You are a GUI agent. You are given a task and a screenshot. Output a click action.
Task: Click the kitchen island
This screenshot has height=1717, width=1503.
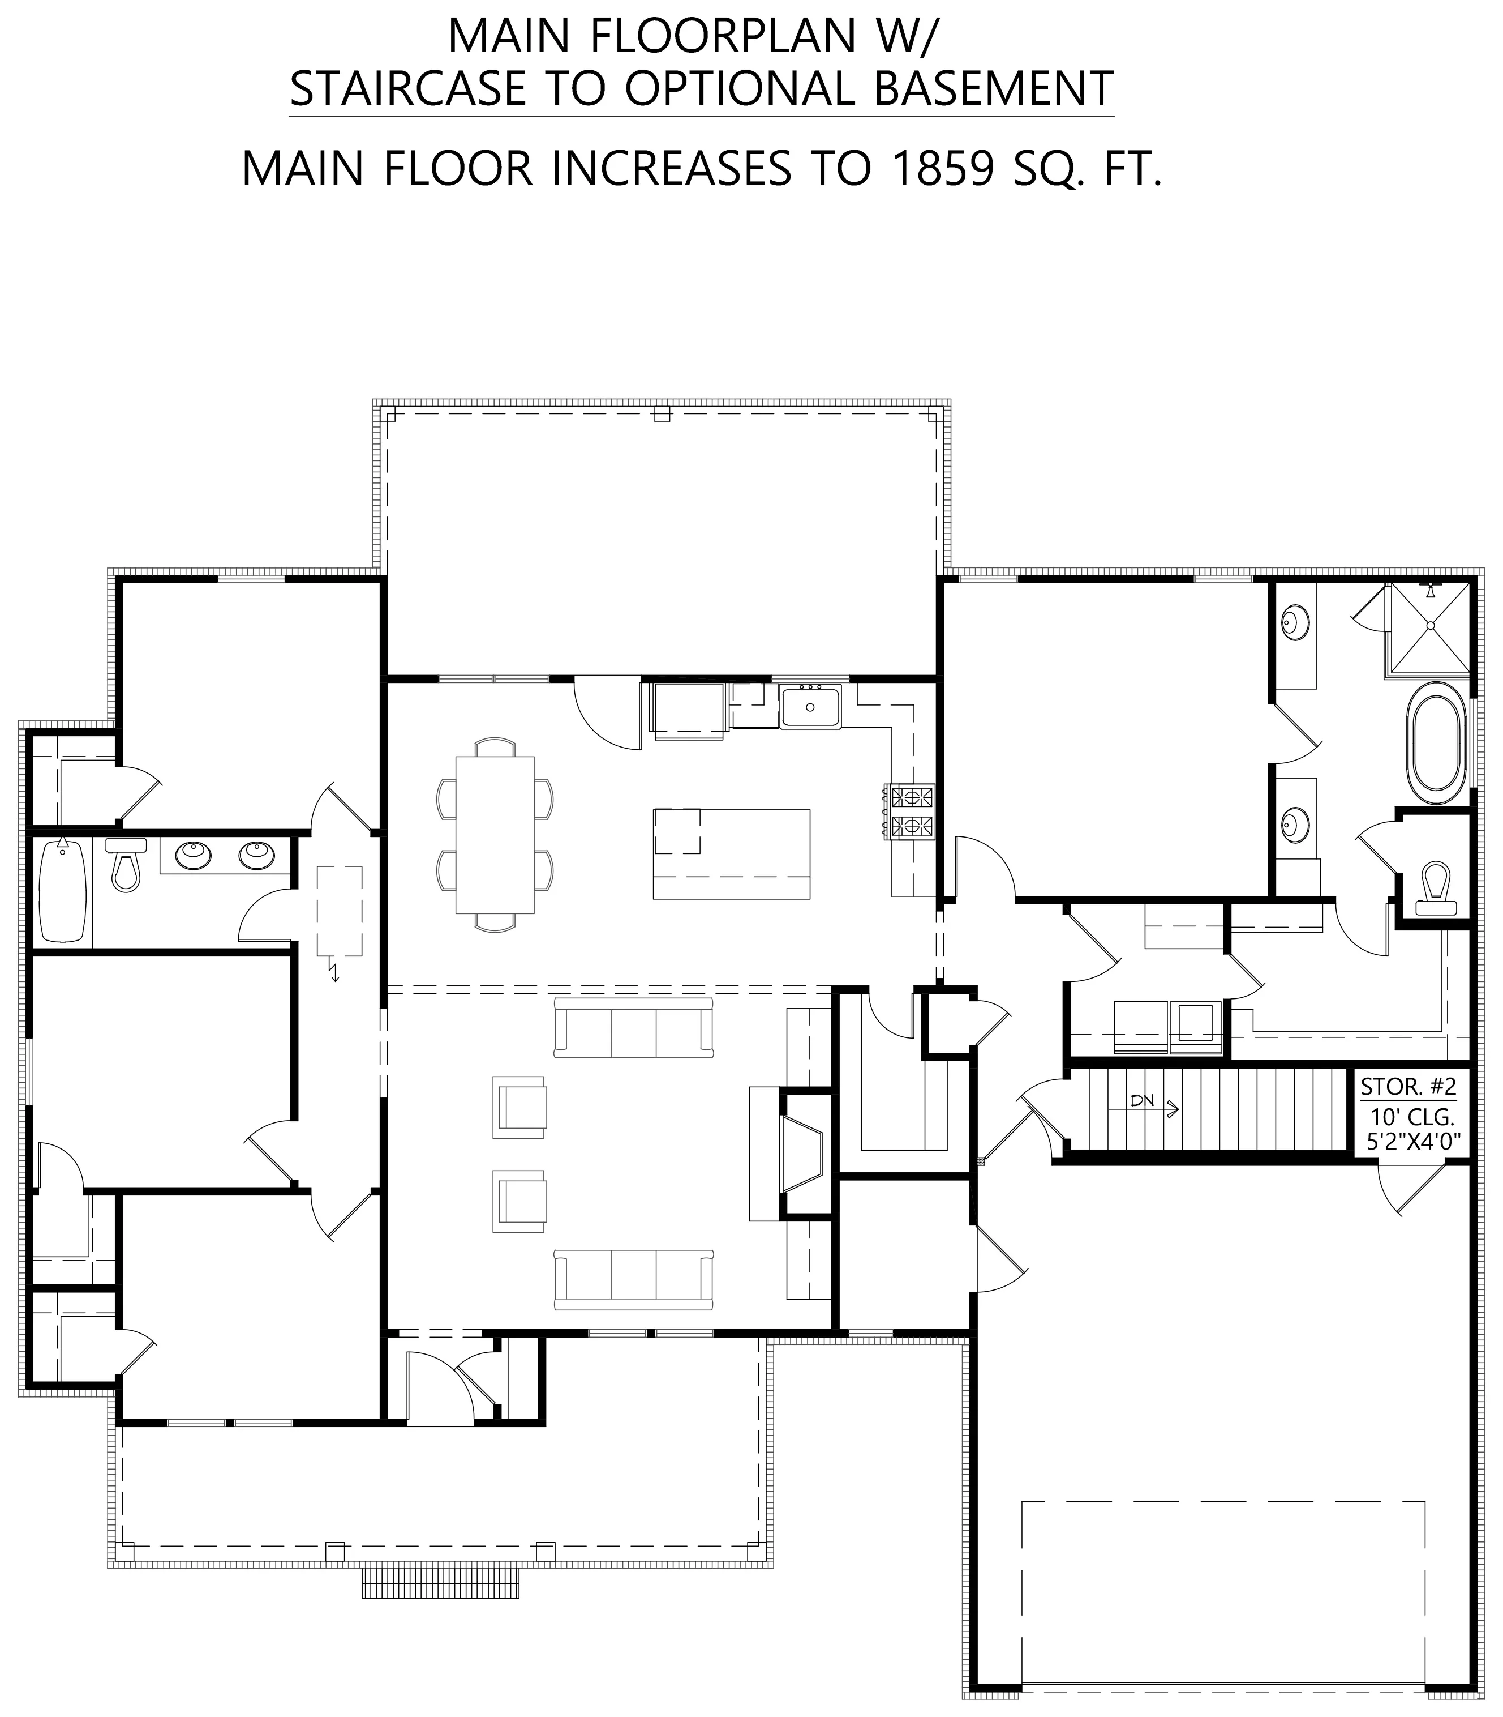(731, 853)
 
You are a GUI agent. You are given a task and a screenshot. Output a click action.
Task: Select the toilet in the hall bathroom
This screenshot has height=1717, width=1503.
(126, 864)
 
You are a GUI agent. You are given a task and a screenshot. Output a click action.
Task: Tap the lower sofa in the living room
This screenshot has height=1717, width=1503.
(633, 1280)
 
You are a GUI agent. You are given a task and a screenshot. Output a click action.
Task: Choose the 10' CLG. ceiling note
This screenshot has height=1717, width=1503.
(1412, 1117)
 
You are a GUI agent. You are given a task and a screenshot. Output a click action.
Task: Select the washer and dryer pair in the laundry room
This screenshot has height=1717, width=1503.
(1169, 1028)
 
